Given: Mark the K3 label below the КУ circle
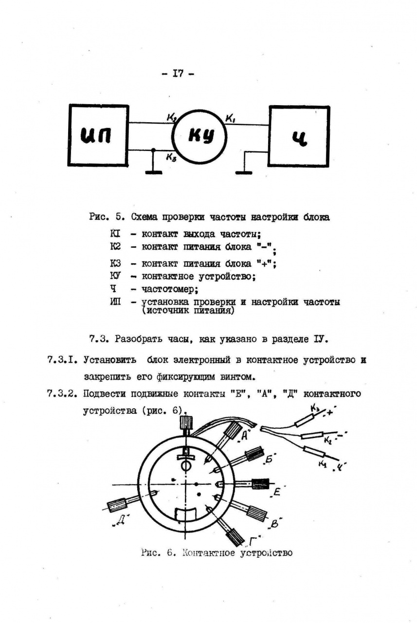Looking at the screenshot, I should point(171,157).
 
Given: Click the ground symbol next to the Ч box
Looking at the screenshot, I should point(243,171).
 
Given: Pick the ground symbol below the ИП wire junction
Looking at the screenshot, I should point(154,171).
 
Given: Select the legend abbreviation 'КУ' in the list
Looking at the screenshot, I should point(115,276).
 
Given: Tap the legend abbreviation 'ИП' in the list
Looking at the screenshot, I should point(115,302).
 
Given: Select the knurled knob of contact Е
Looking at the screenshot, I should point(260,484).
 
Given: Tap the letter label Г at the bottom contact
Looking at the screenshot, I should point(252,541).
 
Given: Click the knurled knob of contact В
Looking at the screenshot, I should point(256,513).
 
